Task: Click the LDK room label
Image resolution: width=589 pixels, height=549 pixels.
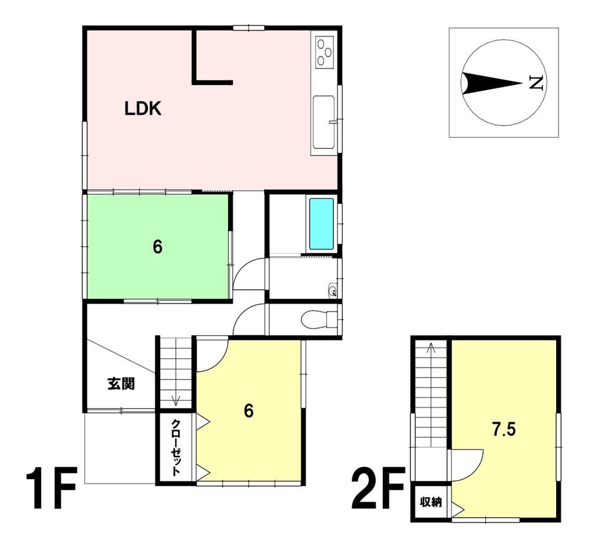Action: pyautogui.click(x=143, y=108)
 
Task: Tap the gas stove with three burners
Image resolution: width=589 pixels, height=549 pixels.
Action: pyautogui.click(x=325, y=52)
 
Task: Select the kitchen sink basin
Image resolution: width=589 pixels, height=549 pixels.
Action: pyautogui.click(x=324, y=122)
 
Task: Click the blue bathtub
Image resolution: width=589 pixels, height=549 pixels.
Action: pyautogui.click(x=321, y=224)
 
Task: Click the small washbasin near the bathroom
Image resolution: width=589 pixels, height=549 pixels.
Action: pyautogui.click(x=332, y=290)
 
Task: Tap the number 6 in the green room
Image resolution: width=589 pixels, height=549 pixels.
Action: pyautogui.click(x=157, y=247)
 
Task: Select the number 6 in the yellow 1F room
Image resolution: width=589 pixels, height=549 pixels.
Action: pyautogui.click(x=249, y=411)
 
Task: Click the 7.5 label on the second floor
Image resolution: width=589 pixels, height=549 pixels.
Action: pyautogui.click(x=505, y=429)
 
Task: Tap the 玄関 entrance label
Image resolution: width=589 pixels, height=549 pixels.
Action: pyautogui.click(x=121, y=383)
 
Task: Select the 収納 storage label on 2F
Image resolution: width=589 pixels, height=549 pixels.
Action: pyautogui.click(x=431, y=502)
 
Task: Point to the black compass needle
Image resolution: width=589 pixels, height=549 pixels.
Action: pyautogui.click(x=492, y=82)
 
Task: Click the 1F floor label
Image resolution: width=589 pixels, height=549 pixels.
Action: pyautogui.click(x=51, y=487)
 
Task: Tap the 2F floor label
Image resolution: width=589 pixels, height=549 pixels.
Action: pyautogui.click(x=378, y=487)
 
